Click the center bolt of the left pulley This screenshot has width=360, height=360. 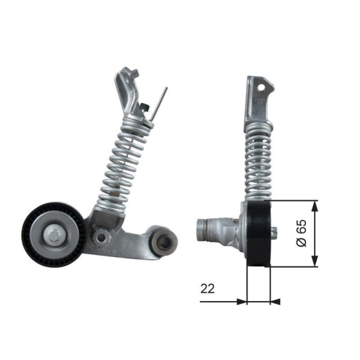click(55, 234)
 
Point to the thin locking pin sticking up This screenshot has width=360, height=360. click(163, 98)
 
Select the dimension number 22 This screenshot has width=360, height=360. click(207, 289)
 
